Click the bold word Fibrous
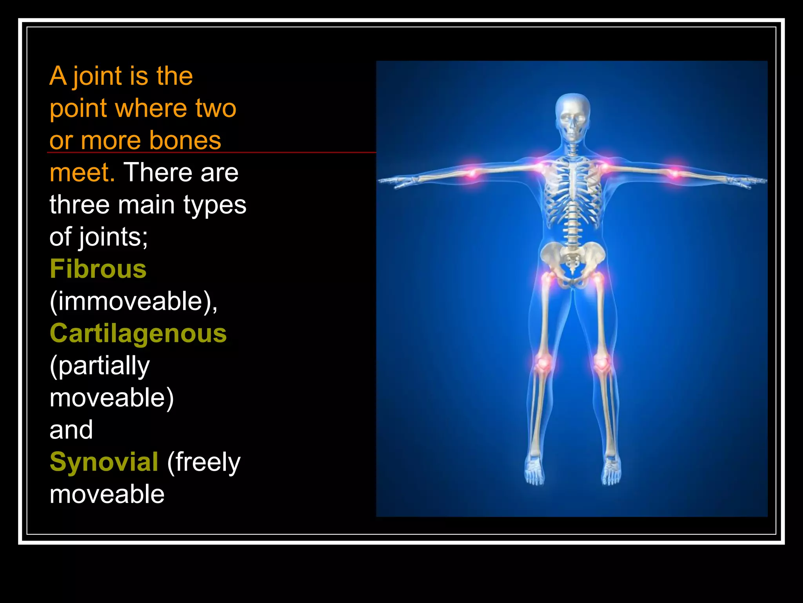tap(98, 269)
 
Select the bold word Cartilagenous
tap(138, 334)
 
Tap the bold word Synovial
tap(104, 462)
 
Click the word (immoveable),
tap(133, 301)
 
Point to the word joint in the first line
tap(98, 76)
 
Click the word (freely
tap(203, 462)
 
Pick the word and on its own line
tap(71, 429)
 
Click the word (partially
tap(100, 366)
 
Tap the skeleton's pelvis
tap(572, 259)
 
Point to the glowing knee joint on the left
tap(543, 362)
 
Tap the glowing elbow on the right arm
tap(675, 173)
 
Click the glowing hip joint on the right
tap(598, 279)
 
